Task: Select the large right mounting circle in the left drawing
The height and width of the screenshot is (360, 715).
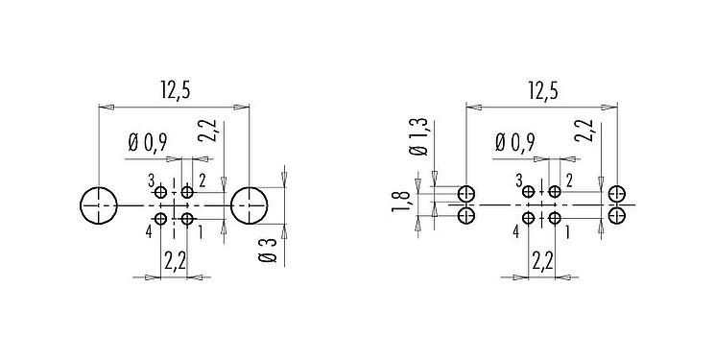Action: click(250, 204)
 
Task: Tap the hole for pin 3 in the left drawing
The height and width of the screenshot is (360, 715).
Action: click(161, 190)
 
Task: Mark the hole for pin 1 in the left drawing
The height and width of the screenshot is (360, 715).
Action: click(186, 220)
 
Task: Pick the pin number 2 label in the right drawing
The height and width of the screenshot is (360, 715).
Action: click(569, 180)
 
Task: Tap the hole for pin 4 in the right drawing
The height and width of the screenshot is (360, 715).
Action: click(528, 220)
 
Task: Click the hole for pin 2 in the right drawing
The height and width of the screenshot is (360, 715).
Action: click(554, 190)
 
